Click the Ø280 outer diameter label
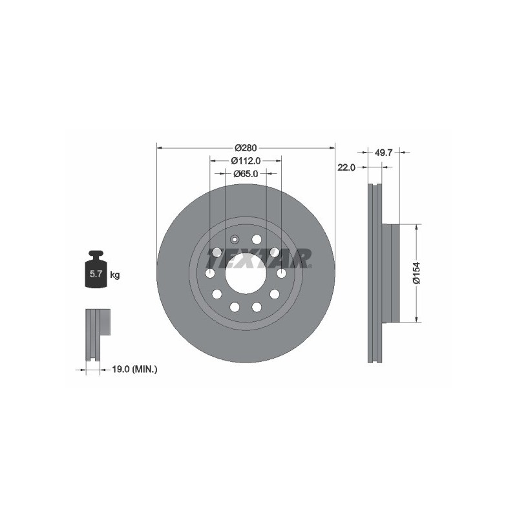point(246,148)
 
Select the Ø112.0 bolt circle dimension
point(246,160)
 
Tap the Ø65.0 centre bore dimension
point(246,173)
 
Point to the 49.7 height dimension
point(383,153)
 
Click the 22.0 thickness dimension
point(346,167)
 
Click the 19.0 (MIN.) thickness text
point(134,370)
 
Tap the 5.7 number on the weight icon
point(96,273)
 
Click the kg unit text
point(115,275)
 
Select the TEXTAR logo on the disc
point(259,258)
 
